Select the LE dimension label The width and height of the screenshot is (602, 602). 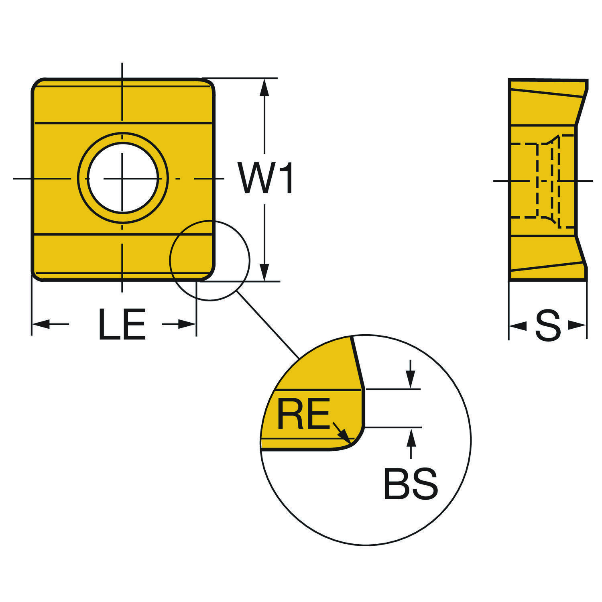pyautogui.click(x=122, y=325)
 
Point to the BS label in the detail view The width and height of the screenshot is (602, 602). pyautogui.click(x=411, y=484)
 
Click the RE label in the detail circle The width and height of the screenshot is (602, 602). pyautogui.click(x=303, y=413)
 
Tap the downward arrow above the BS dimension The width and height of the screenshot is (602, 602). pyautogui.click(x=410, y=380)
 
